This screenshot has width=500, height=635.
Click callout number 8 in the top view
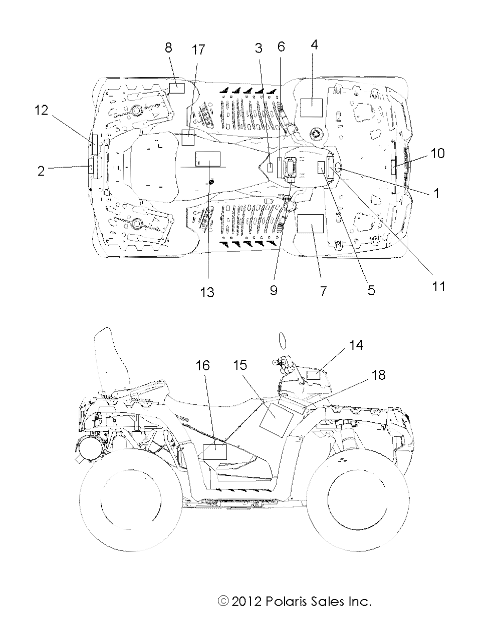[x=168, y=48]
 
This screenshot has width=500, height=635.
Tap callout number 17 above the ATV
[x=198, y=50]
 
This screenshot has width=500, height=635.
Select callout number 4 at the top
[x=314, y=45]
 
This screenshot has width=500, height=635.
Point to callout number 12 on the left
[x=41, y=110]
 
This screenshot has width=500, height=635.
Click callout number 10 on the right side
[x=437, y=153]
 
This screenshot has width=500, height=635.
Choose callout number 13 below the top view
[x=207, y=292]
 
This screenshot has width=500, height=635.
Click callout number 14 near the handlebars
[x=356, y=345]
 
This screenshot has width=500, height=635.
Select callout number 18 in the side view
[x=379, y=374]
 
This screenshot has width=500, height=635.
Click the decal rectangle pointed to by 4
[x=312, y=107]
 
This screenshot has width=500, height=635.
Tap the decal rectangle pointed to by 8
[x=177, y=89]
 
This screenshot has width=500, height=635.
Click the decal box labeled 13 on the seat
[x=207, y=159]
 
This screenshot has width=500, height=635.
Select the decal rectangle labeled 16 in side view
[x=214, y=452]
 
